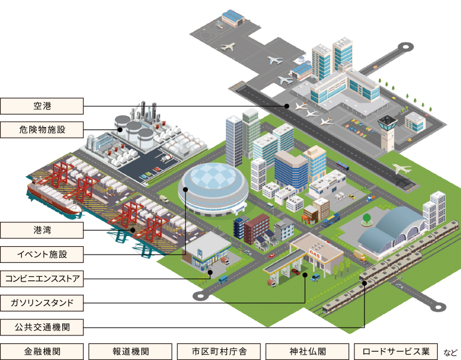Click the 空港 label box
[x=43, y=107]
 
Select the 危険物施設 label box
[x=43, y=129]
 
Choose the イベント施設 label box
[x=43, y=254]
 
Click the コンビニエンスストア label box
[x=43, y=278]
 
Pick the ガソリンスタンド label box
[x=43, y=302]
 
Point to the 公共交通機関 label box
[x=43, y=327]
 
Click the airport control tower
[x=387, y=132]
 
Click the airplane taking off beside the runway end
[x=403, y=170]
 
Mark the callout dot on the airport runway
[x=287, y=106]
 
